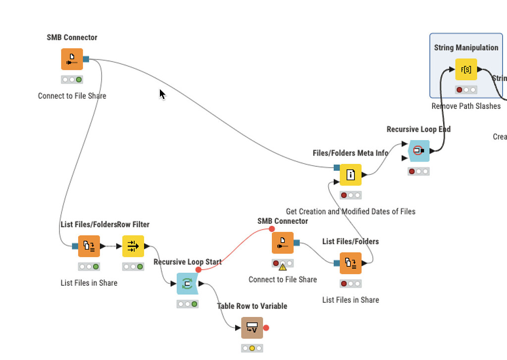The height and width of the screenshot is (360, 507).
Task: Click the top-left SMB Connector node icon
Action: coord(72,59)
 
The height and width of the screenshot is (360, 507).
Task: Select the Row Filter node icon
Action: coord(133,246)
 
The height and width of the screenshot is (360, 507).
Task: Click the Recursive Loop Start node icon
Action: coord(187,284)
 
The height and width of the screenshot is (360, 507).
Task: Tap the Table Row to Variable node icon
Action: coord(252,328)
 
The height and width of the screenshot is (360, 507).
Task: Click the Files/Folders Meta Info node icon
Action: coord(351,174)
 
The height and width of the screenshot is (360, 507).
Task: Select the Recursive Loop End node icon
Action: coord(419,150)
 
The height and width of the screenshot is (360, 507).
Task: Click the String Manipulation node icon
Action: coord(466,69)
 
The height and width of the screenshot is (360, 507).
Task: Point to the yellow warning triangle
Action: coord(282,267)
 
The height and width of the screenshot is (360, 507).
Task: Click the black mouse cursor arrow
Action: coord(162,94)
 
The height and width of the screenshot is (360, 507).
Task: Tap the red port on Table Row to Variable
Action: coord(266,328)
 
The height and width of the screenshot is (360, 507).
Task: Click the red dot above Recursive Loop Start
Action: coord(199,269)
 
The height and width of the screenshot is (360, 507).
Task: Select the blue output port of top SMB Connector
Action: coord(86,59)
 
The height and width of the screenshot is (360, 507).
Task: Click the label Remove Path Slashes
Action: coord(466,106)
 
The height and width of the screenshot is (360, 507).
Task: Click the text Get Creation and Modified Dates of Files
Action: coord(351,211)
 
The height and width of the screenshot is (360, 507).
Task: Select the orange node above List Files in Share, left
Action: coord(89,246)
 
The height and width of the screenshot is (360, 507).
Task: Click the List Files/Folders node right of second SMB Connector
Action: coord(351,263)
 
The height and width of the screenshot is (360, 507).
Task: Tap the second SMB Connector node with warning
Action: coord(283,243)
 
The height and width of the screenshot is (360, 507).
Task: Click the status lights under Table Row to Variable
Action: coord(252,348)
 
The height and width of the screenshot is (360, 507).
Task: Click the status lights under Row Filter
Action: coord(133,266)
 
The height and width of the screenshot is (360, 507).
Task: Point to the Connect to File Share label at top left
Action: coord(72,96)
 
